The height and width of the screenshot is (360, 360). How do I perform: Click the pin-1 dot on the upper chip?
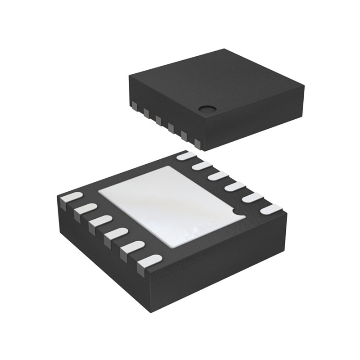(207, 108)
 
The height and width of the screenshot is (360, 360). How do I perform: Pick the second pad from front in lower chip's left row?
(133, 247)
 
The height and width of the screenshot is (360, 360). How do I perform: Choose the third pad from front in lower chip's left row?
(116, 234)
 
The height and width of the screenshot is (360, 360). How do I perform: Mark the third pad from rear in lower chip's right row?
(218, 175)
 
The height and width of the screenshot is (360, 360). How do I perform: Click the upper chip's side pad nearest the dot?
(197, 143)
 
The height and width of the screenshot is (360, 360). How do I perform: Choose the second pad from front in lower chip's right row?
(253, 198)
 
